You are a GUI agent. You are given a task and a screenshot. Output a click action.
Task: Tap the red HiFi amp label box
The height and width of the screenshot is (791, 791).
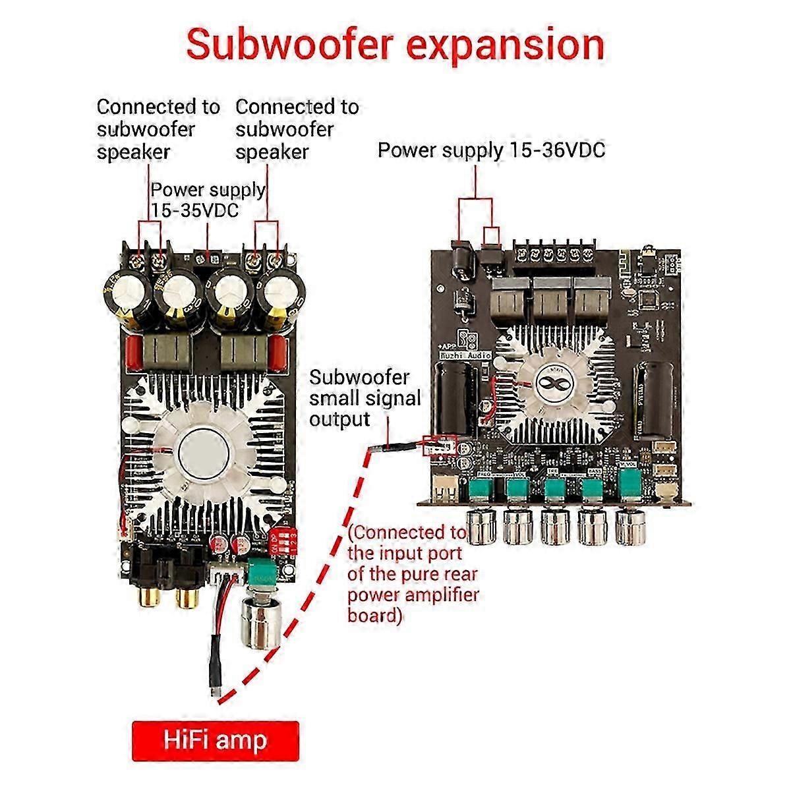216,740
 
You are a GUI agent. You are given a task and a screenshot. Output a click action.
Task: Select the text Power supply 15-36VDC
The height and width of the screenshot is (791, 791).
491,150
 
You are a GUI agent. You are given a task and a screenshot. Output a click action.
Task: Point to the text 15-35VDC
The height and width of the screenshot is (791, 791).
196,210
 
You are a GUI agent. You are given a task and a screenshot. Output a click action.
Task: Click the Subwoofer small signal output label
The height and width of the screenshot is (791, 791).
365,398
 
